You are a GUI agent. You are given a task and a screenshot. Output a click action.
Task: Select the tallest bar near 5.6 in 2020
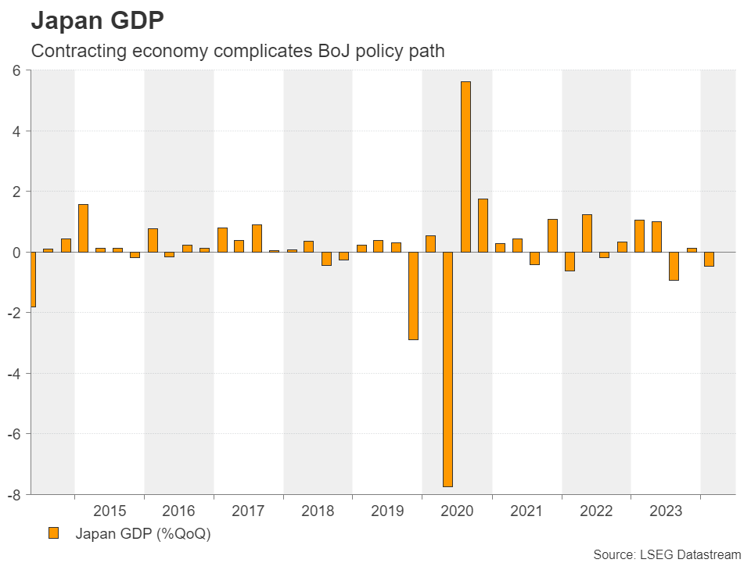coord(465,167)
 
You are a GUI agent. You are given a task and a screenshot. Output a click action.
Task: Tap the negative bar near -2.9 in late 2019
coord(413,296)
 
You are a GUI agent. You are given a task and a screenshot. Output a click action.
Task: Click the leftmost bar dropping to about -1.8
coord(32,279)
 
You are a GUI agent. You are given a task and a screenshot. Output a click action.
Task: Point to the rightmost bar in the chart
coord(709,259)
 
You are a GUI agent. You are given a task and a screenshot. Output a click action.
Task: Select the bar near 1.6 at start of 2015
coord(83,228)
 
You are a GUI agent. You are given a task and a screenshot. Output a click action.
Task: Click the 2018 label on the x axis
coord(318,511)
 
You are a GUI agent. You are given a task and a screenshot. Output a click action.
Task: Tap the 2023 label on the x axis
coord(665,511)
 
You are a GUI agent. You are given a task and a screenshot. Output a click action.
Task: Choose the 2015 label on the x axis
coord(109,511)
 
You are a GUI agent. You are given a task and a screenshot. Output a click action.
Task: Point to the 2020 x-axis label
coord(457,511)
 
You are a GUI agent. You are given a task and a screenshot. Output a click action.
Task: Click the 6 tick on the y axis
coord(16,70)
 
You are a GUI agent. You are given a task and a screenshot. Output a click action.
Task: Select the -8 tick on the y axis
coord(13,494)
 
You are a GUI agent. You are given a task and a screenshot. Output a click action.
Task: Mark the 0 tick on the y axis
coord(16,252)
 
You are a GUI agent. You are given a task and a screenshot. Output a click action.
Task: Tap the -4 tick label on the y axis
coord(13,373)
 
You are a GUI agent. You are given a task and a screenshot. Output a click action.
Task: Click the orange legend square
coord(54,533)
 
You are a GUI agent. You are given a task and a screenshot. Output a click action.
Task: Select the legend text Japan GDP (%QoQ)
coord(143,534)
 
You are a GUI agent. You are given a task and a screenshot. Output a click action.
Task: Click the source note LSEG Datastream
coord(667,554)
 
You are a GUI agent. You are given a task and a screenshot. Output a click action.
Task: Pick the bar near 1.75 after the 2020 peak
coord(483,225)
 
